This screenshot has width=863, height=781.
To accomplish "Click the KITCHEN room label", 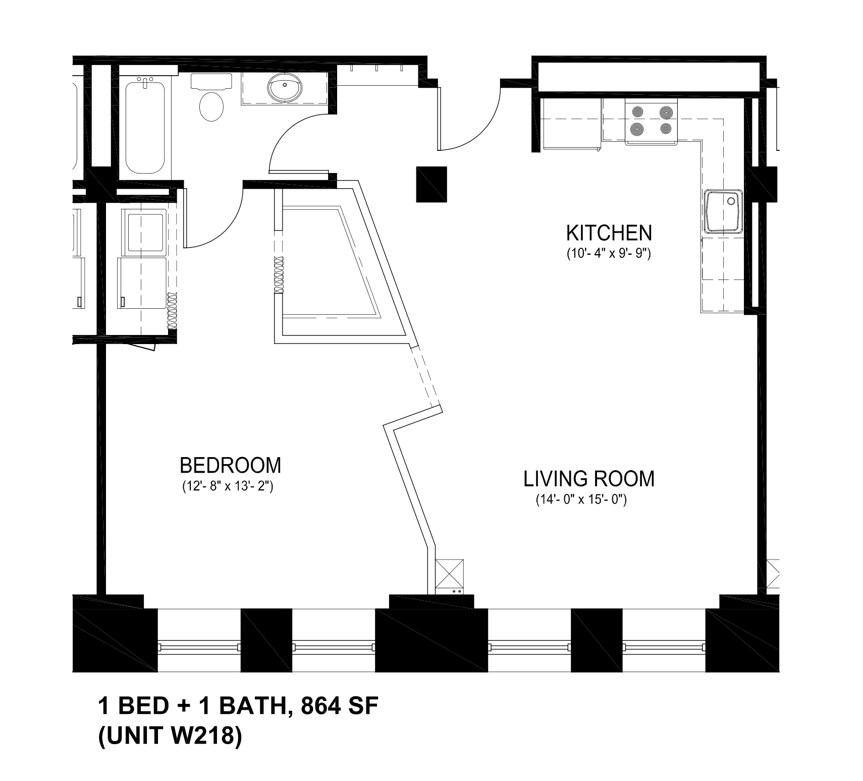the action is click(x=609, y=233).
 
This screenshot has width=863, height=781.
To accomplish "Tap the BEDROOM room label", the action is click(x=230, y=465).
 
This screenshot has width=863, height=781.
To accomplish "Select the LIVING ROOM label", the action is click(x=589, y=479).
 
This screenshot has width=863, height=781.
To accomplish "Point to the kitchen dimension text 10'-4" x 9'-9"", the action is click(x=609, y=254).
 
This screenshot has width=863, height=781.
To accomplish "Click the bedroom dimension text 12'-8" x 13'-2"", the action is click(x=227, y=487).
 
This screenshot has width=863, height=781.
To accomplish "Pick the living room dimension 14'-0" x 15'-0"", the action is click(x=581, y=500).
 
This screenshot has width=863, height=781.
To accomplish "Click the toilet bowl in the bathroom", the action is click(x=212, y=106).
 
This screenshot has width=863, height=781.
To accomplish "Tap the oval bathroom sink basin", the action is click(x=286, y=88).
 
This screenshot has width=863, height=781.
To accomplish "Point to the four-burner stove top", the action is click(x=652, y=122).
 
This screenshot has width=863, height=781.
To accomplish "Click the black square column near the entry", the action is click(x=431, y=184).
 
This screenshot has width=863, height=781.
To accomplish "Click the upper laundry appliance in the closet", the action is click(x=145, y=232).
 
